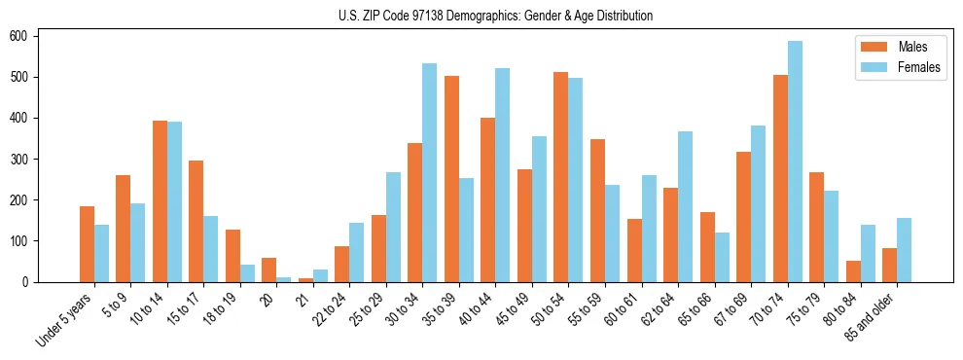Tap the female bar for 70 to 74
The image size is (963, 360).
coord(795,162)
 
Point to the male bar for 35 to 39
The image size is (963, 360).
coord(451,179)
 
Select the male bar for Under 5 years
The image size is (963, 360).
coord(87,244)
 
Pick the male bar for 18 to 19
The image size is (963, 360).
coord(232,256)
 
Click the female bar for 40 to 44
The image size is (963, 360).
coord(502,175)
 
